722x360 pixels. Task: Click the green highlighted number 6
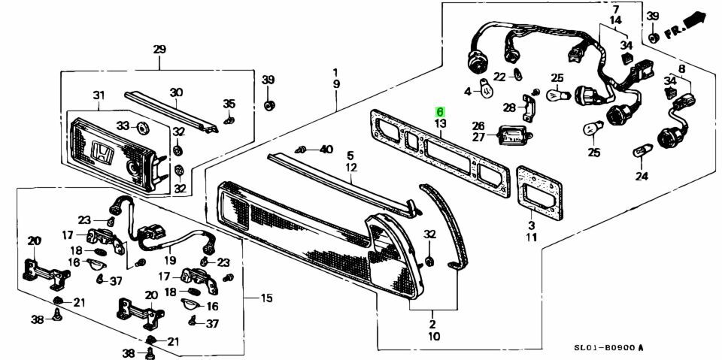(440, 111)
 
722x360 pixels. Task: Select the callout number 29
(159, 50)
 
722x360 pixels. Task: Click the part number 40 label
(326, 150)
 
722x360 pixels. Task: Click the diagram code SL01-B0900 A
(608, 348)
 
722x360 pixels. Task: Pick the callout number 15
(266, 298)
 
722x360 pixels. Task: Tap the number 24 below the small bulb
(641, 177)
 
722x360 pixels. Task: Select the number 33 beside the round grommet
(123, 125)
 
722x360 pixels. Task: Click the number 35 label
(229, 104)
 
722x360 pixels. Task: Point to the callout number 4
(467, 92)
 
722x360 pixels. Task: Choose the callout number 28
(509, 107)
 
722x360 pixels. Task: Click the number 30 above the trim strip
(175, 92)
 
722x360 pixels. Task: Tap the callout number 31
(99, 95)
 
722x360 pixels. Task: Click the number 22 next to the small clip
(499, 75)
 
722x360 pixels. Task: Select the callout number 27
(478, 138)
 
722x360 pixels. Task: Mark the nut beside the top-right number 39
(653, 36)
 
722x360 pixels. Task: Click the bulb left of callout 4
(487, 92)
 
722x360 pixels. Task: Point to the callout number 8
(682, 69)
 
